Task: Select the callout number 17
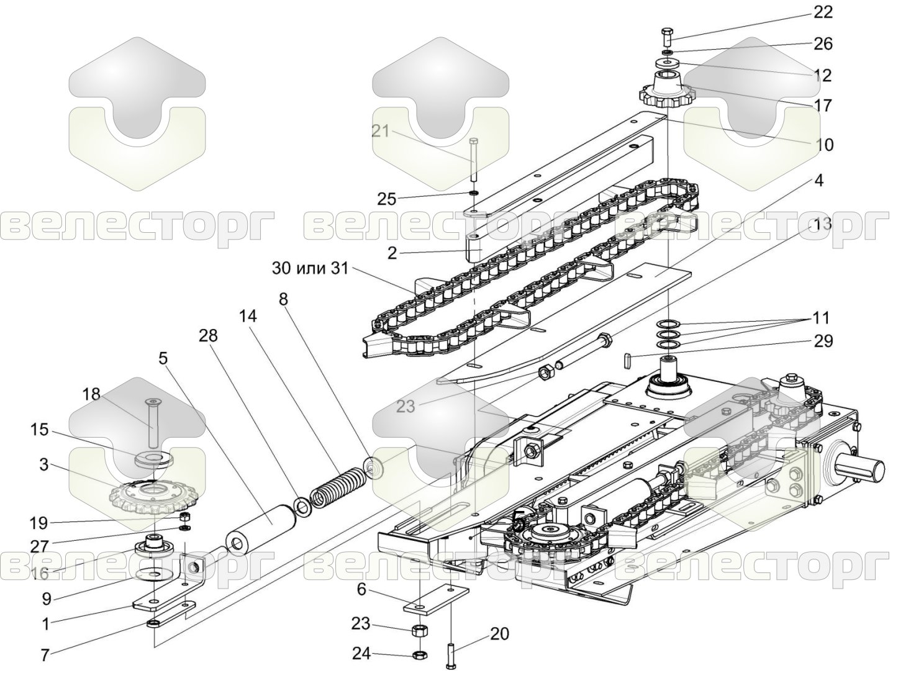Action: (x=822, y=106)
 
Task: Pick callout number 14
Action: (x=247, y=316)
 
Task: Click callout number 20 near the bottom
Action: (x=499, y=634)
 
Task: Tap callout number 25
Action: (x=386, y=199)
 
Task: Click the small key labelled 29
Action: (x=628, y=359)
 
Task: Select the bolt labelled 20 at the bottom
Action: (x=451, y=655)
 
